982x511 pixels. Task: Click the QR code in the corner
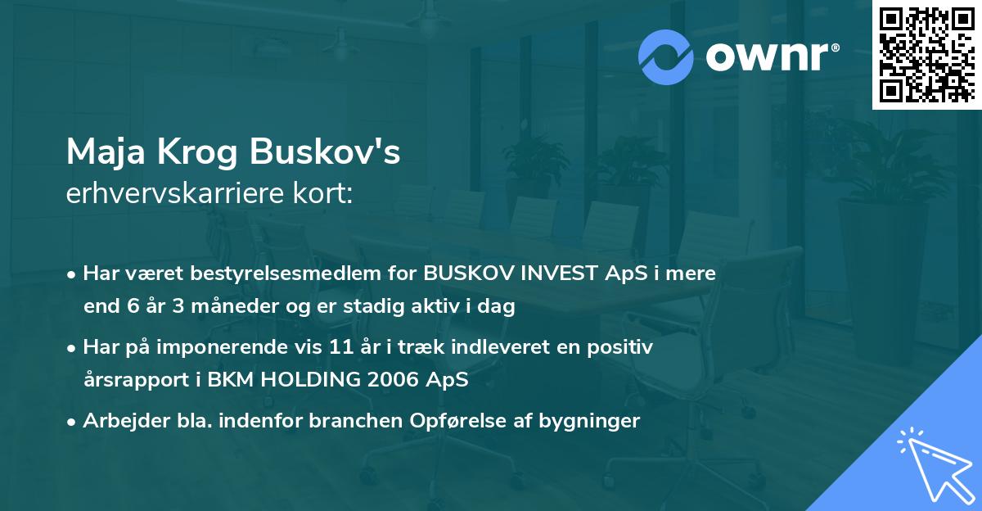926,54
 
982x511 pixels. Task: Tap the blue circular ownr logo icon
664,56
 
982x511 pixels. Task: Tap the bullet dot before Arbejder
72,422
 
